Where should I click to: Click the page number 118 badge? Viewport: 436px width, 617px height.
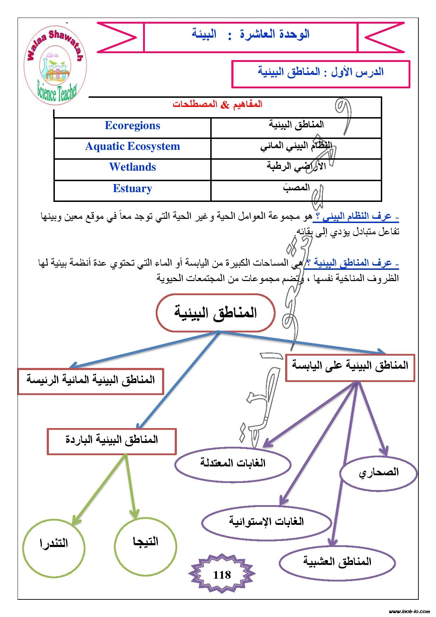click(222, 575)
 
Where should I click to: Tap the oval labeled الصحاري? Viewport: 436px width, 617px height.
click(379, 472)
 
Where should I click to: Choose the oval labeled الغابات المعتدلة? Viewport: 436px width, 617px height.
click(233, 463)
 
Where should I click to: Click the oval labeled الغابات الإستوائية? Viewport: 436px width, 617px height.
click(267, 522)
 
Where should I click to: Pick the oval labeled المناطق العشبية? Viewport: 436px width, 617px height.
click(337, 562)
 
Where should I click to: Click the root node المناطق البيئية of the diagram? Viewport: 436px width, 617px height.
click(215, 313)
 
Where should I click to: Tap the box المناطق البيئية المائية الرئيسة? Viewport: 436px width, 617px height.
click(91, 381)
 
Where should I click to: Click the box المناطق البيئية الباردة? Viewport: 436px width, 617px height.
click(111, 441)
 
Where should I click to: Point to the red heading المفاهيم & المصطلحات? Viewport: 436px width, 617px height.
click(217, 105)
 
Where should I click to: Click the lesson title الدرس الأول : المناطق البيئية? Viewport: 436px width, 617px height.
click(321, 73)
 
